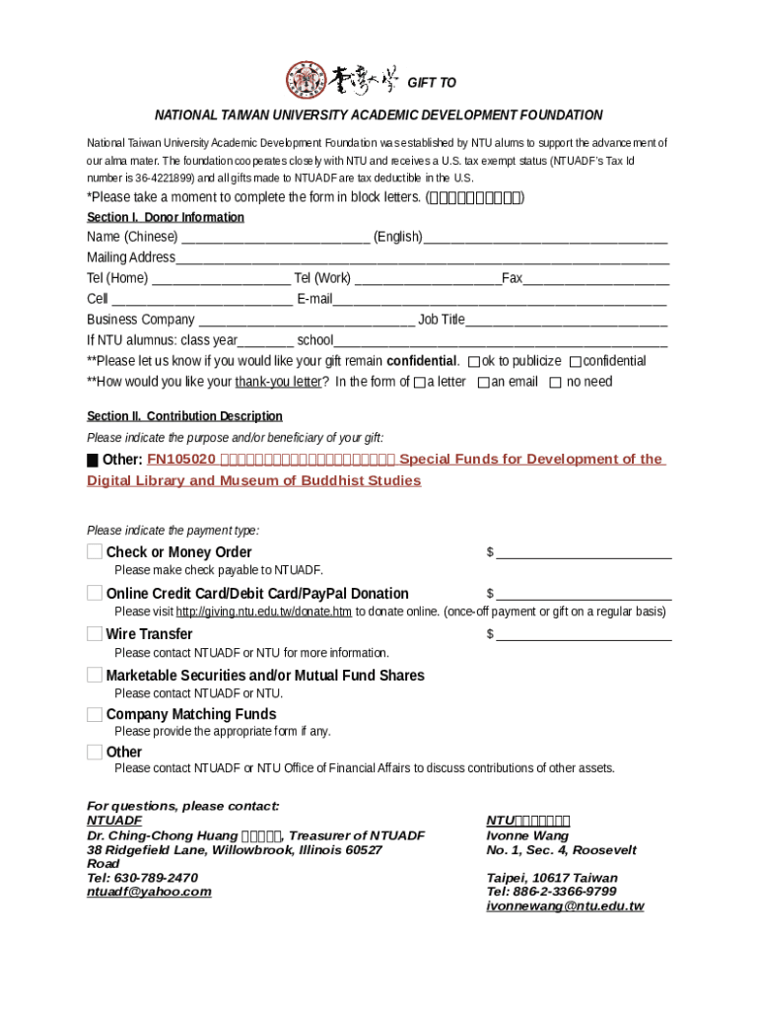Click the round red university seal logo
[x=306, y=81]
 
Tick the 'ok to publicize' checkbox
[x=474, y=362]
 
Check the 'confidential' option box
[x=576, y=362]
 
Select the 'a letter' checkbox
[x=420, y=383]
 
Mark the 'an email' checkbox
[x=483, y=383]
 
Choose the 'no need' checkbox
[x=555, y=383]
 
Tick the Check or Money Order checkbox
[x=95, y=551]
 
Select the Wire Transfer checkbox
[x=95, y=633]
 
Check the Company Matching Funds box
[x=95, y=714]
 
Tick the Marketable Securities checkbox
[x=95, y=675]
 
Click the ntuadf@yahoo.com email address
[x=149, y=892]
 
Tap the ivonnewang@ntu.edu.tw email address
[x=565, y=905]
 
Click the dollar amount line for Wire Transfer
[x=584, y=635]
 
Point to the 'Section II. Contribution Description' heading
[x=184, y=416]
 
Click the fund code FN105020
[x=181, y=460]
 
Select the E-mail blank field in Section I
[x=500, y=300]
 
